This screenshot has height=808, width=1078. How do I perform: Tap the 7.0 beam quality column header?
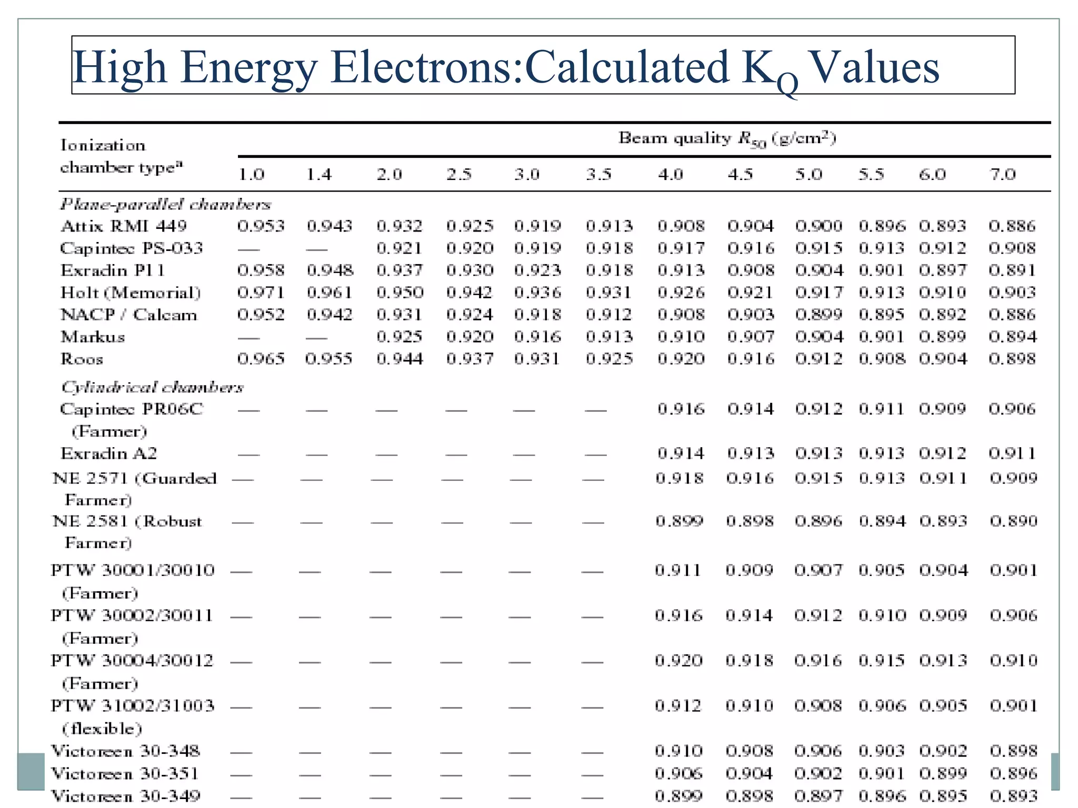pos(1002,174)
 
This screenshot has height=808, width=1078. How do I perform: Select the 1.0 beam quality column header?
pos(251,174)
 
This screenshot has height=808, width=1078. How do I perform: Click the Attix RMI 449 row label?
pos(124,226)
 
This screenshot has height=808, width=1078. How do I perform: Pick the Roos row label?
pos(82,359)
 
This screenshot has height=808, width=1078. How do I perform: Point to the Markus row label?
pos(93,337)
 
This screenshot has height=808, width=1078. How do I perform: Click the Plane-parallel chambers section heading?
pos(165,204)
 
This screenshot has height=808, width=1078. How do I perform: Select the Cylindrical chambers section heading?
pos(152,387)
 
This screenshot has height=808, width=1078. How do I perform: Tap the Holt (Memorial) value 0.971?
pos(261,292)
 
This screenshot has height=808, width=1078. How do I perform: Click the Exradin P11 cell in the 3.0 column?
pos(537,270)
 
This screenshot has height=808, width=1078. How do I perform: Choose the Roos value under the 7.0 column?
pos(1012,359)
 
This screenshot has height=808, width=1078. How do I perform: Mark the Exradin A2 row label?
pos(108,453)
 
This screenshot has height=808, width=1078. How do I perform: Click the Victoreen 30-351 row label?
pos(125,773)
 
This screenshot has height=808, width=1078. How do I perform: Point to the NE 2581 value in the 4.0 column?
pos(679,521)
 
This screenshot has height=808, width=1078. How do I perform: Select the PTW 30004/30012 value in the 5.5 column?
pos(882,661)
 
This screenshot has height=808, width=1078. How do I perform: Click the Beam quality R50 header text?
pos(727,138)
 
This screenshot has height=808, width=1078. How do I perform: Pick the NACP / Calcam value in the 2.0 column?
pos(399,315)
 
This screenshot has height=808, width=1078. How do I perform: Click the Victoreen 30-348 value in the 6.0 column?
pos(943,751)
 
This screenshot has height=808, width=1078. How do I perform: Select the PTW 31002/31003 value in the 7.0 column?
pos(1013,705)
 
